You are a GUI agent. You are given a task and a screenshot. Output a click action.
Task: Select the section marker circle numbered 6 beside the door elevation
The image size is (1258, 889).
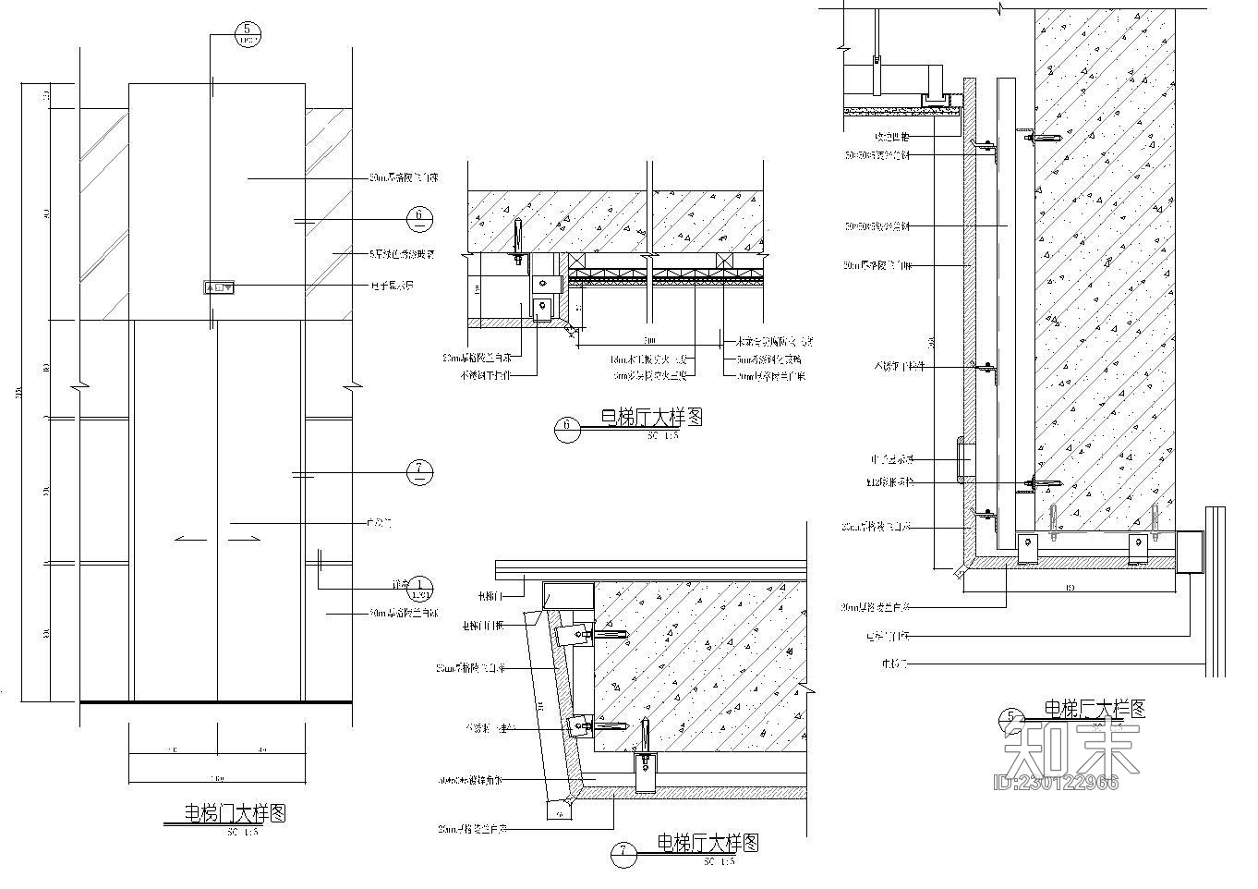tap(419, 218)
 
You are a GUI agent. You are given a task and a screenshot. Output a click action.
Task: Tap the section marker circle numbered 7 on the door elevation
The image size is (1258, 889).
tap(419, 472)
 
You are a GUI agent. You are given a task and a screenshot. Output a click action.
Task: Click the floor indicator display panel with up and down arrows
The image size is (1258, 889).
tap(219, 287)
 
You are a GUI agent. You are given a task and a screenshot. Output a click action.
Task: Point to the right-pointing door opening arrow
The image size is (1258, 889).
tap(247, 538)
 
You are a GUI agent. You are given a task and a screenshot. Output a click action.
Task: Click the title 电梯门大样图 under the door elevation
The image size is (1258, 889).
tap(235, 813)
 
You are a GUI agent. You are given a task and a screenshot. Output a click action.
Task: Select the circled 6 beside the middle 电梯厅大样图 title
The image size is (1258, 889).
tap(566, 427)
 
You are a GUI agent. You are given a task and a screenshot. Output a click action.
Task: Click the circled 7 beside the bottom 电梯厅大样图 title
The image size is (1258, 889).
tap(623, 855)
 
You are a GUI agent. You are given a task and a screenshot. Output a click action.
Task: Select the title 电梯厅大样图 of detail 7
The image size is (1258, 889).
tap(708, 843)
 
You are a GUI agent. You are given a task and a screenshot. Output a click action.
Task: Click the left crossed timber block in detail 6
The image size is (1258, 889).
tap(577, 262)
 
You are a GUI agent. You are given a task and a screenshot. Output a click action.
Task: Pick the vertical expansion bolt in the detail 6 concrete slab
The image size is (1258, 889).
tap(518, 238)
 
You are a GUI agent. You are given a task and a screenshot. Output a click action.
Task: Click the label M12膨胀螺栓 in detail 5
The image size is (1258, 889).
tap(890, 482)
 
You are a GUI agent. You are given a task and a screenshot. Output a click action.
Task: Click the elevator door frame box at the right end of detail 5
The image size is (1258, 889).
tap(1191, 553)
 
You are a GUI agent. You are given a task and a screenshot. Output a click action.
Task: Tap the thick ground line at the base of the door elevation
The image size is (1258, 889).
tap(216, 702)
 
